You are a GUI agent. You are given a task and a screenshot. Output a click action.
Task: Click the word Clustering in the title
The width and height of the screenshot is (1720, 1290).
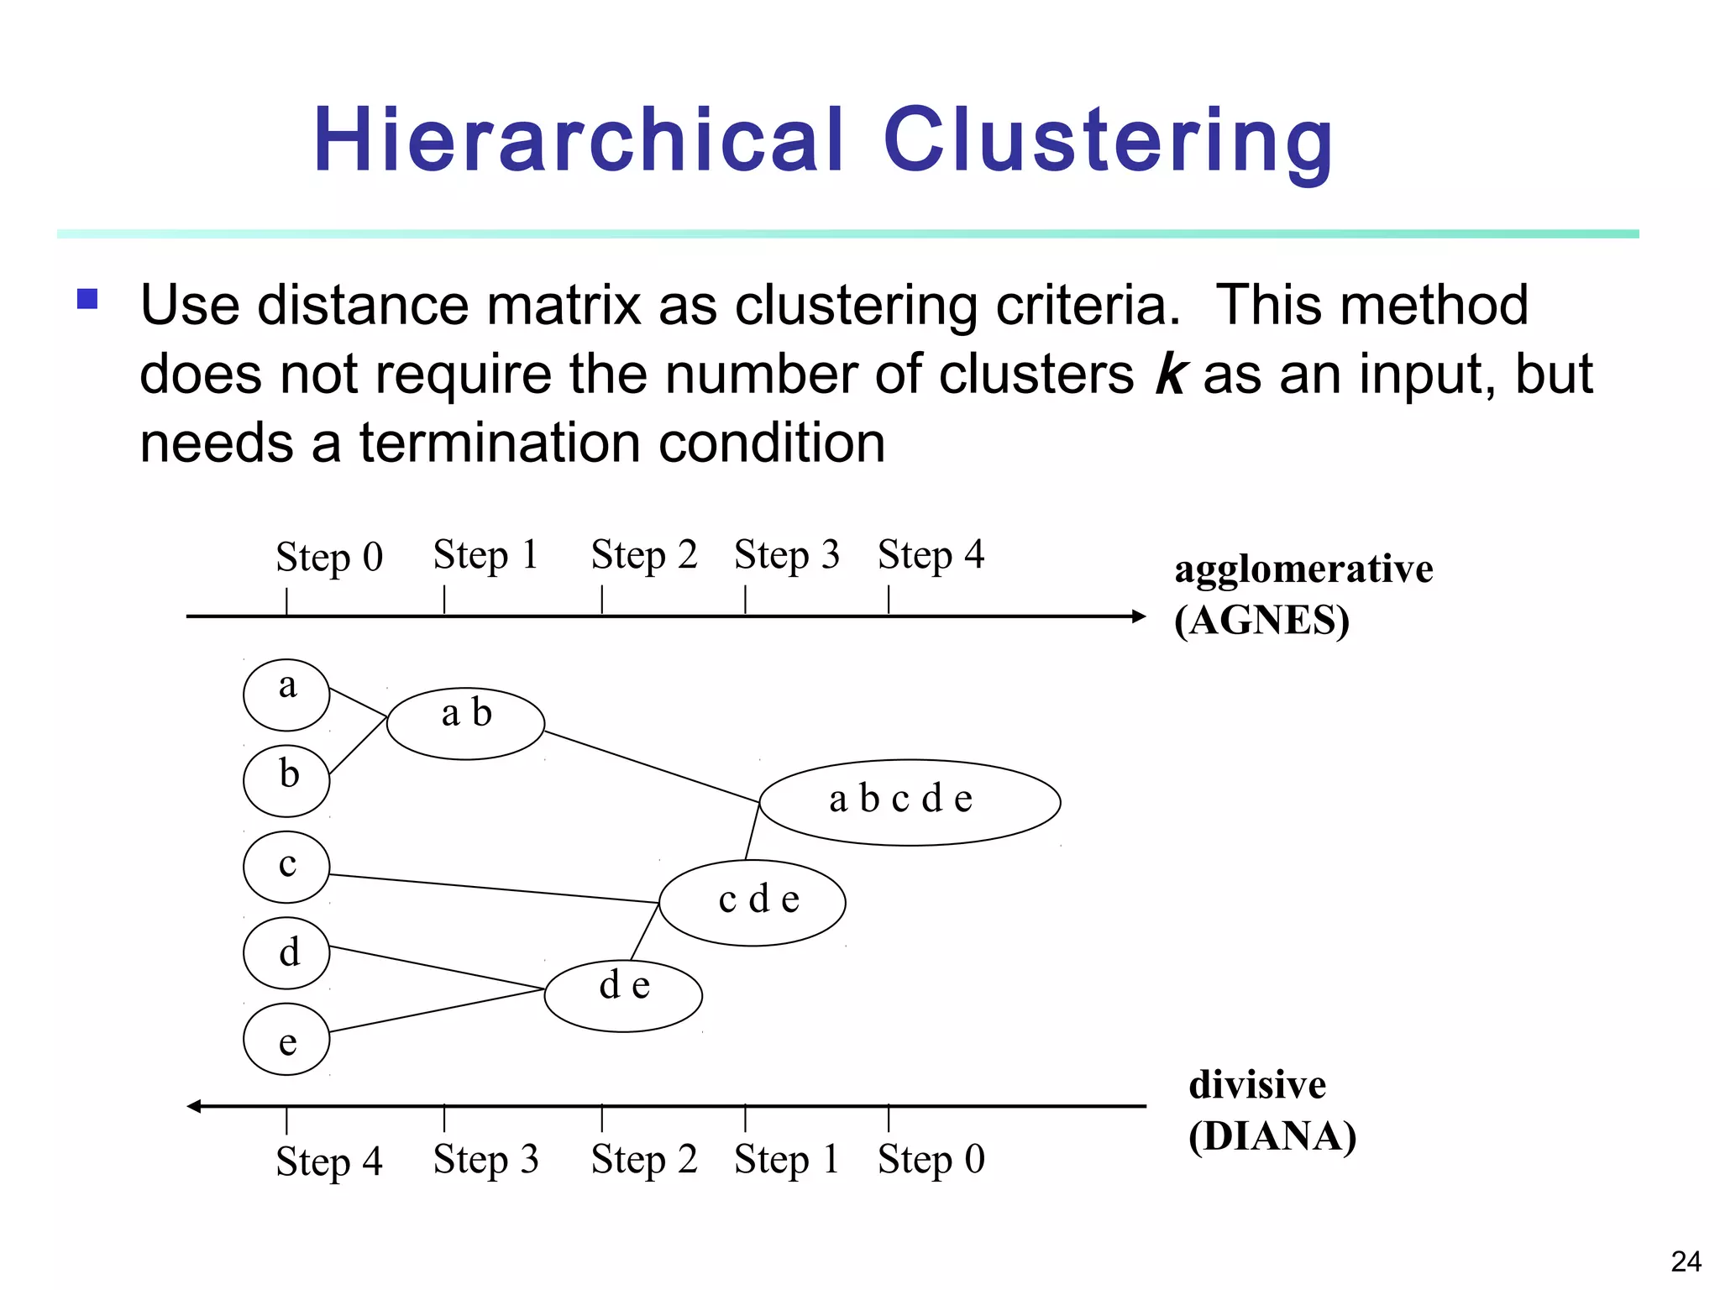(x=1107, y=141)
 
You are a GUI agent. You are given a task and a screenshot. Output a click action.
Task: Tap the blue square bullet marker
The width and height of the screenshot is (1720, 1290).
(x=87, y=299)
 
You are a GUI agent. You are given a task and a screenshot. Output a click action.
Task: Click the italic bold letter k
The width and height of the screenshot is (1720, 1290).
(x=1171, y=374)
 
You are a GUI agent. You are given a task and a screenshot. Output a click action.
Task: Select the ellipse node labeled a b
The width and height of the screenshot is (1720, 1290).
(x=465, y=723)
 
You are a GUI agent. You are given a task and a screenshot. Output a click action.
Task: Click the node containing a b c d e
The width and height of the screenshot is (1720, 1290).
(x=910, y=801)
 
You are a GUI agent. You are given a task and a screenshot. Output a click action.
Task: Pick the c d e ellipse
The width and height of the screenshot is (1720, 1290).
(x=752, y=903)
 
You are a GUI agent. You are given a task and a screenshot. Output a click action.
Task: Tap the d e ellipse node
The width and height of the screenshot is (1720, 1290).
(x=623, y=995)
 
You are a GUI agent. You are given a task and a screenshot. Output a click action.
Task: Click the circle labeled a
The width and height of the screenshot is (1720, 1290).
(x=286, y=695)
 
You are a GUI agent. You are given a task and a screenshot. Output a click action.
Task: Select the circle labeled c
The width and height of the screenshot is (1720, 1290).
(x=286, y=867)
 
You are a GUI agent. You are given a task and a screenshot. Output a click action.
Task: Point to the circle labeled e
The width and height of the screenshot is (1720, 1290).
(x=286, y=1039)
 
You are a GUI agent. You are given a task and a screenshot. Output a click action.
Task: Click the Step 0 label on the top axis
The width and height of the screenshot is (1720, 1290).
(x=329, y=557)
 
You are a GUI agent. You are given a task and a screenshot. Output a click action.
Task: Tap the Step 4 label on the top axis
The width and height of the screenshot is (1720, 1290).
(x=931, y=555)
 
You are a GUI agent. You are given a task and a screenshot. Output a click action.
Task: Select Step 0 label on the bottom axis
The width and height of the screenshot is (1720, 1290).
(x=931, y=1160)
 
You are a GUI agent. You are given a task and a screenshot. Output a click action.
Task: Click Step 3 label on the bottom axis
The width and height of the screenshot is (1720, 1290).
(x=485, y=1160)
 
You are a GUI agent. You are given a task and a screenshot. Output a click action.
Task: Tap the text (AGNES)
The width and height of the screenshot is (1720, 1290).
(x=1261, y=621)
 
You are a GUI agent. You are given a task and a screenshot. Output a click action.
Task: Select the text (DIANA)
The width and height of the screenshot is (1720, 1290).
(x=1272, y=1136)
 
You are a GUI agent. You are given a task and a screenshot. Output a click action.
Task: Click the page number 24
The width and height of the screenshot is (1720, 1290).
(x=1686, y=1262)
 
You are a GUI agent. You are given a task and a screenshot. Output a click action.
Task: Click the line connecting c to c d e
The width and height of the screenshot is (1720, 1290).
(x=494, y=889)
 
